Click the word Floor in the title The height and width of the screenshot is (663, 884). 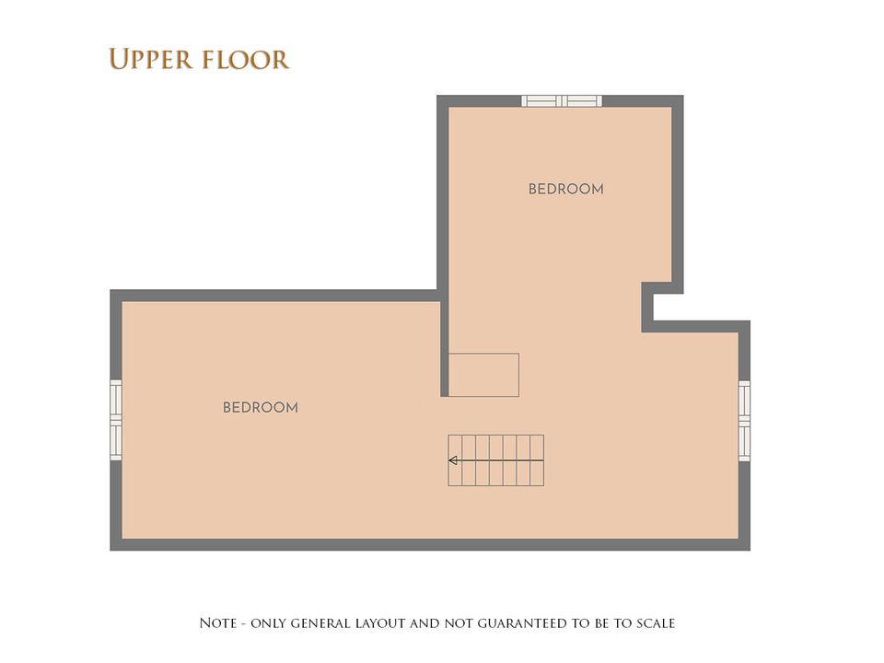tap(245, 60)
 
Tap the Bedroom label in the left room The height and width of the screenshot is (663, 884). tap(261, 408)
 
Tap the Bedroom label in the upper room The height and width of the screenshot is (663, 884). tap(566, 189)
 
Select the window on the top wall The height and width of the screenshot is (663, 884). tap(562, 101)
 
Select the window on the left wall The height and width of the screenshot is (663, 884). tap(116, 420)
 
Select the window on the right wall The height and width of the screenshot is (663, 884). tap(744, 421)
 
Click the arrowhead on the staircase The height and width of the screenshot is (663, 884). tap(453, 460)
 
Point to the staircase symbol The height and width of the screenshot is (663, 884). tap(496, 460)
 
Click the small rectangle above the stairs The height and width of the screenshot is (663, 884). tap(483, 375)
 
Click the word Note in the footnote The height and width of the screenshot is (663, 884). tap(218, 623)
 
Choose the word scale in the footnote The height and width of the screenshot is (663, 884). tap(656, 623)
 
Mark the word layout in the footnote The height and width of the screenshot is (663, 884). tap(380, 623)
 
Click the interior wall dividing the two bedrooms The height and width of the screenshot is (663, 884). tap(444, 343)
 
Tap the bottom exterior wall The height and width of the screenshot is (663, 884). tap(430, 544)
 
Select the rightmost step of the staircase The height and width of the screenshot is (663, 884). tap(537, 460)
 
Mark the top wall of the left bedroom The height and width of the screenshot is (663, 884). tap(274, 296)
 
